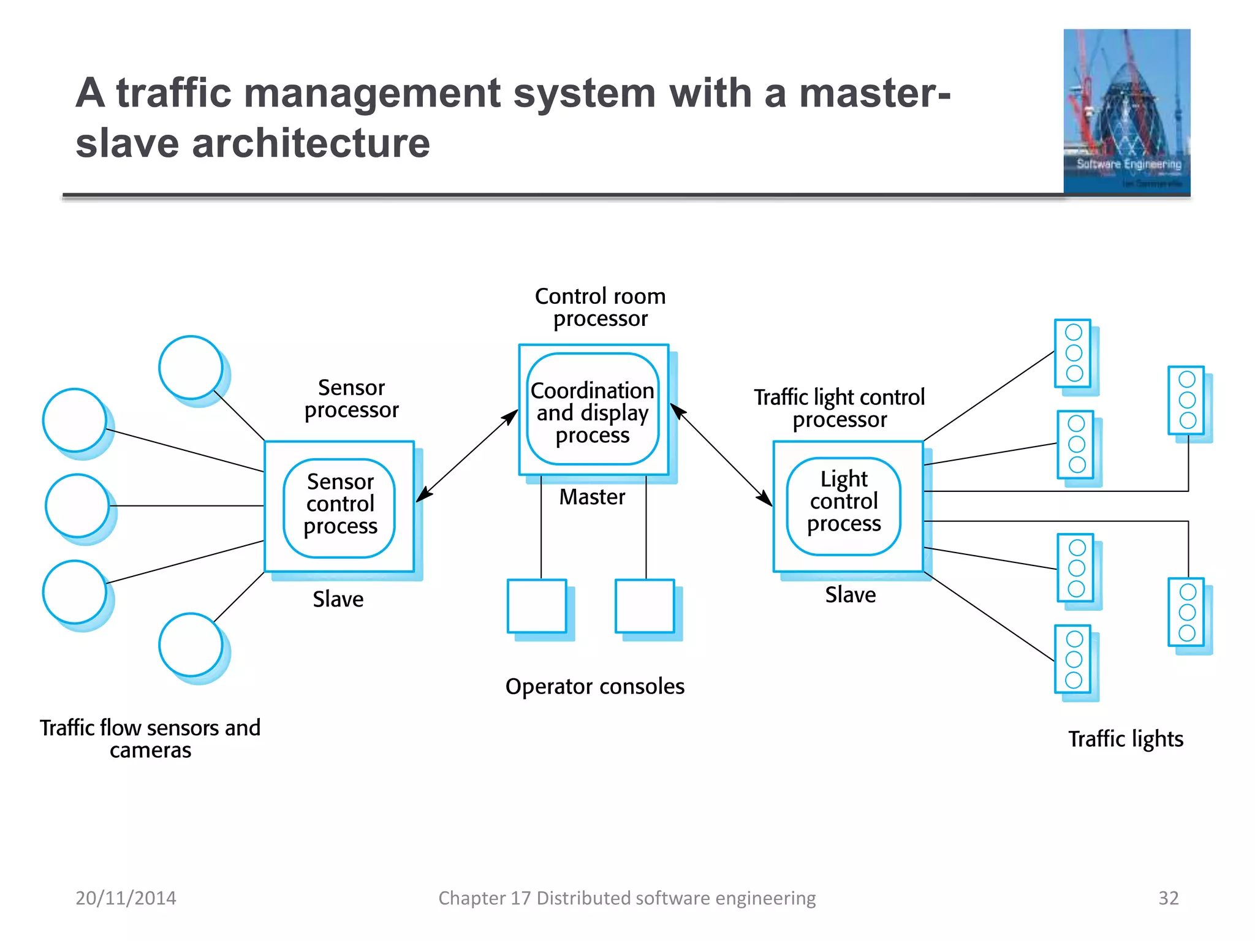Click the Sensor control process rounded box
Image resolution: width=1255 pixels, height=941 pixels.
coord(339,508)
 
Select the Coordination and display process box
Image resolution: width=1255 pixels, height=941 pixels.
coord(593,409)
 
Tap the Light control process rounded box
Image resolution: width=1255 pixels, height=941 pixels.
coord(844,506)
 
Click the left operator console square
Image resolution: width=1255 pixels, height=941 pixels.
coord(537,606)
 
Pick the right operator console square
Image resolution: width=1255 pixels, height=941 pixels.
coord(645,606)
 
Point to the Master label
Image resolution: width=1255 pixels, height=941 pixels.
coord(592,497)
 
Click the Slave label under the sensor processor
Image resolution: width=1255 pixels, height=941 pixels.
coord(338,599)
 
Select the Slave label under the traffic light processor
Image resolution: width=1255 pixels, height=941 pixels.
coord(850,594)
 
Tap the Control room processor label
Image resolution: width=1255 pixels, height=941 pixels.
coord(600,307)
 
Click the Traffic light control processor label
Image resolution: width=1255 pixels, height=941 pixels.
coord(839,408)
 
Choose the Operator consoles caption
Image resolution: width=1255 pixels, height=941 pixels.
coord(594,686)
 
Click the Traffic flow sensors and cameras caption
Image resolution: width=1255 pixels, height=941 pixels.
coord(150,738)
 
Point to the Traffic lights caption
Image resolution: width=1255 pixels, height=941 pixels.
coord(1126,739)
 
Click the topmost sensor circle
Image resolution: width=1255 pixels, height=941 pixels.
coord(191,367)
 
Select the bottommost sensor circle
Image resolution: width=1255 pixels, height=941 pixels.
coord(191,644)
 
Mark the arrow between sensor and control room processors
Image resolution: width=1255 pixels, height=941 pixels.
coord(467,456)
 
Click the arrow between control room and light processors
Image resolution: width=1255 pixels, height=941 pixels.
coord(721,455)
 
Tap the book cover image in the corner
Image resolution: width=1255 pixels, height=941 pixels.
coord(1126,111)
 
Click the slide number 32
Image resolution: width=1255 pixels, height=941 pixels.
coord(1168,898)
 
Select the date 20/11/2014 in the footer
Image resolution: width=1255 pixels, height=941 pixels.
coord(126,898)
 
